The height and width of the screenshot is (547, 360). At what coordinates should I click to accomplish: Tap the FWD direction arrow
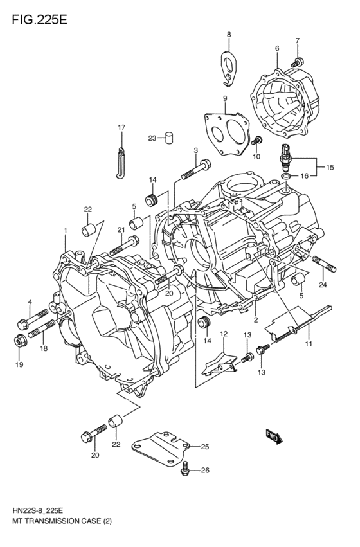(273, 437)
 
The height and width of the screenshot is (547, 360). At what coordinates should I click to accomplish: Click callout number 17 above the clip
(120, 127)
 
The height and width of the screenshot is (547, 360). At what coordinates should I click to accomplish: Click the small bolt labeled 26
(186, 469)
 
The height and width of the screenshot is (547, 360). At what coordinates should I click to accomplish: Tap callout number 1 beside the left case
(65, 230)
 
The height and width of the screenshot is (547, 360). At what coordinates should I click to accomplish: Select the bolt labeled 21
(125, 245)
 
